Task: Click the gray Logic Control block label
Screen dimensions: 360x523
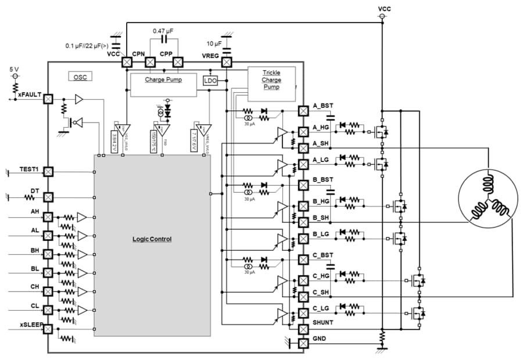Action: pyautogui.click(x=152, y=239)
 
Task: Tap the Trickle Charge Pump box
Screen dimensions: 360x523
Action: pyautogui.click(x=271, y=80)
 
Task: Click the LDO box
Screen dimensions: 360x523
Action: pyautogui.click(x=210, y=81)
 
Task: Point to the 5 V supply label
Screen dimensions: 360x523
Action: pyautogui.click(x=14, y=69)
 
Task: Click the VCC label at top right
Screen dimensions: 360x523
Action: pyautogui.click(x=384, y=9)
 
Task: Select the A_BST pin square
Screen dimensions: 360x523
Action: pyautogui.click(x=303, y=110)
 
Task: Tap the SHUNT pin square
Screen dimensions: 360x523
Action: pyautogui.click(x=303, y=329)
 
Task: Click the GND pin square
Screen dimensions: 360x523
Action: pyautogui.click(x=303, y=343)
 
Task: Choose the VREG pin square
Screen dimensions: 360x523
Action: pyautogui.click(x=227, y=62)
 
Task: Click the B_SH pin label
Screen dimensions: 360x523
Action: pyautogui.click(x=321, y=217)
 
